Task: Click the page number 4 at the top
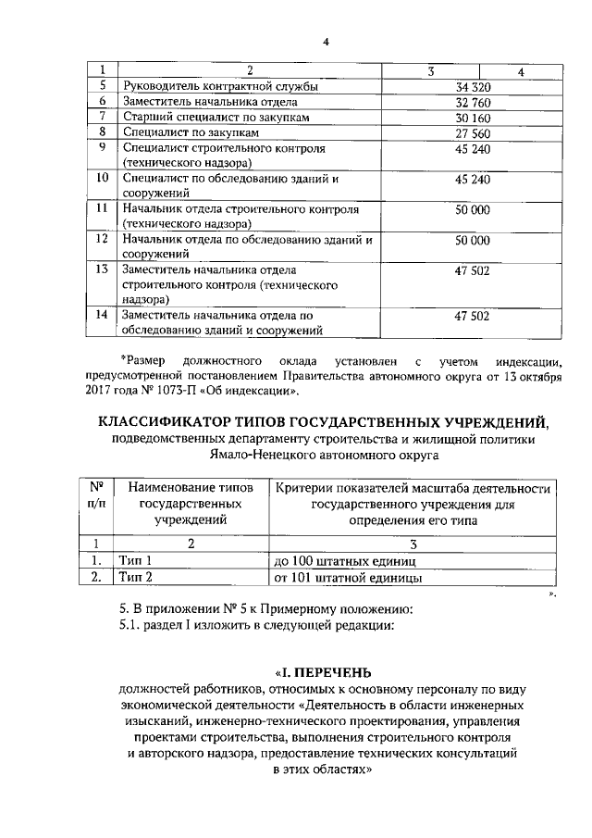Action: tap(327, 41)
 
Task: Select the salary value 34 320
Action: tap(472, 86)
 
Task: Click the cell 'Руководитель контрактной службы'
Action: tap(220, 86)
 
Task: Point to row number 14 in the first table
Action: tap(103, 315)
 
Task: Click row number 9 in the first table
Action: tap(103, 148)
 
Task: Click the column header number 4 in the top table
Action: tap(521, 71)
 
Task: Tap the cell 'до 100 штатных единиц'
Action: tap(345, 561)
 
